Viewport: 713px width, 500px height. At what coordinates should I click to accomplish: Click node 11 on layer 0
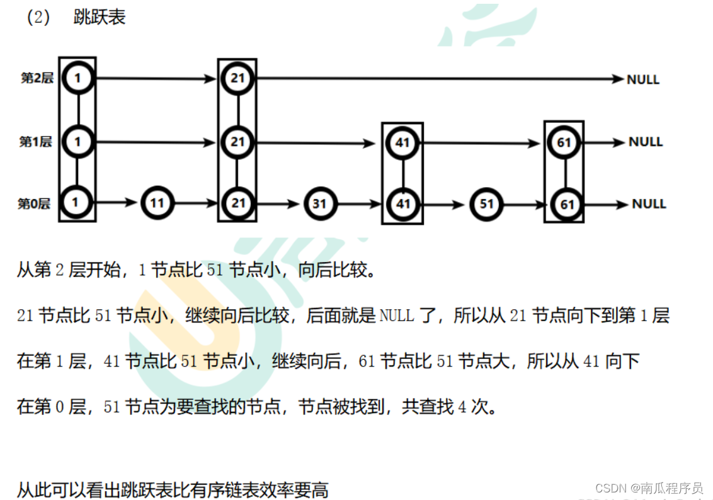(x=156, y=203)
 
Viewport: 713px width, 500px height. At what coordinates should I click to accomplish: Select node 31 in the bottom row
(x=320, y=203)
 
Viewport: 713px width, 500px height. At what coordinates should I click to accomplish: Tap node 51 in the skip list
(x=486, y=203)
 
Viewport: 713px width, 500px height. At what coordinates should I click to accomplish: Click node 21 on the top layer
(x=237, y=79)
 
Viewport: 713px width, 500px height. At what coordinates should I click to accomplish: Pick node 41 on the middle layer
(x=402, y=142)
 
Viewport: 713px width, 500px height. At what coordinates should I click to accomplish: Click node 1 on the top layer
(x=77, y=79)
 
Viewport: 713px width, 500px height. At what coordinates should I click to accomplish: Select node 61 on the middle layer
(x=564, y=142)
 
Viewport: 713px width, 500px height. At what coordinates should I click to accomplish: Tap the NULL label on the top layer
(x=642, y=79)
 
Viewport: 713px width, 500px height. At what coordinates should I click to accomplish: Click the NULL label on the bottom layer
(x=649, y=204)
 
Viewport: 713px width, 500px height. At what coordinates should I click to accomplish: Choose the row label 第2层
(x=37, y=79)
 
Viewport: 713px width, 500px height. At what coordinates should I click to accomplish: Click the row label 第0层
(x=34, y=204)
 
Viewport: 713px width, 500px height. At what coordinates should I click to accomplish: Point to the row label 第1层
(x=35, y=142)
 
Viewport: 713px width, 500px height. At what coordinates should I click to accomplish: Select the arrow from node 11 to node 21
(x=196, y=203)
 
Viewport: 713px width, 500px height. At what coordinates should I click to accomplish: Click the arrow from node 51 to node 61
(x=525, y=204)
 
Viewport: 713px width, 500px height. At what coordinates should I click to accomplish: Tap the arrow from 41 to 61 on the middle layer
(x=481, y=143)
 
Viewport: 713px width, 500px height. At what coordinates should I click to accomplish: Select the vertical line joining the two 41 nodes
(x=402, y=173)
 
